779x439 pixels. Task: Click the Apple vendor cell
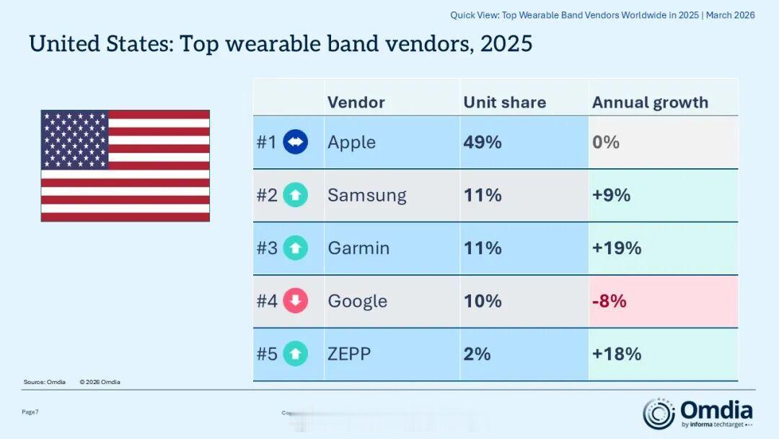point(351,142)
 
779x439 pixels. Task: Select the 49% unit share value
point(482,142)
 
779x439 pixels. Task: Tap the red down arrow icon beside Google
point(295,301)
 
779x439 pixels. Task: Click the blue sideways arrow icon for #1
point(295,142)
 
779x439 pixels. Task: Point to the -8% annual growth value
point(609,301)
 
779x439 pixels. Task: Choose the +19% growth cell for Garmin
point(616,248)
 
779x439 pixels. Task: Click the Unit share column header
point(504,103)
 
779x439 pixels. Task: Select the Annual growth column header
point(650,103)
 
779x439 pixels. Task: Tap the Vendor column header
point(356,103)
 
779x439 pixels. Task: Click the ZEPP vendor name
point(349,354)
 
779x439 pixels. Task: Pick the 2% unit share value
point(477,354)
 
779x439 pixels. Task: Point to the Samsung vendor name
point(366,195)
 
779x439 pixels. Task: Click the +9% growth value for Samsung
point(611,195)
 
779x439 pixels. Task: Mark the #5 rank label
point(267,354)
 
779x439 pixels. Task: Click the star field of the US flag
point(74,139)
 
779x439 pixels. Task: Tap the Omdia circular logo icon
point(659,413)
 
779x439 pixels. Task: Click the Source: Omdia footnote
point(45,382)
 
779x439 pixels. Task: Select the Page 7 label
point(30,412)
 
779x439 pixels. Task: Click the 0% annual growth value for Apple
point(605,142)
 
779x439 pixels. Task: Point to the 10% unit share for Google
point(482,301)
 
